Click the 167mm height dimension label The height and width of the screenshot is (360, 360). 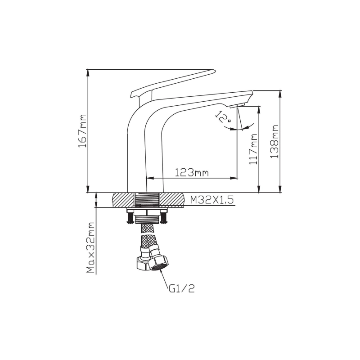click(83, 130)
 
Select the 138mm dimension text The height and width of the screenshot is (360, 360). click(274, 141)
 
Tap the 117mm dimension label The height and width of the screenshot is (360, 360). click(253, 149)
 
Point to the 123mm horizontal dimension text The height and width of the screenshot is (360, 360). click(192, 172)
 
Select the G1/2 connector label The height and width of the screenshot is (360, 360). click(182, 288)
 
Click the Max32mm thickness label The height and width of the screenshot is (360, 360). click(91, 247)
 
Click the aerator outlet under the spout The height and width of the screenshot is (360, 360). click(237, 106)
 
